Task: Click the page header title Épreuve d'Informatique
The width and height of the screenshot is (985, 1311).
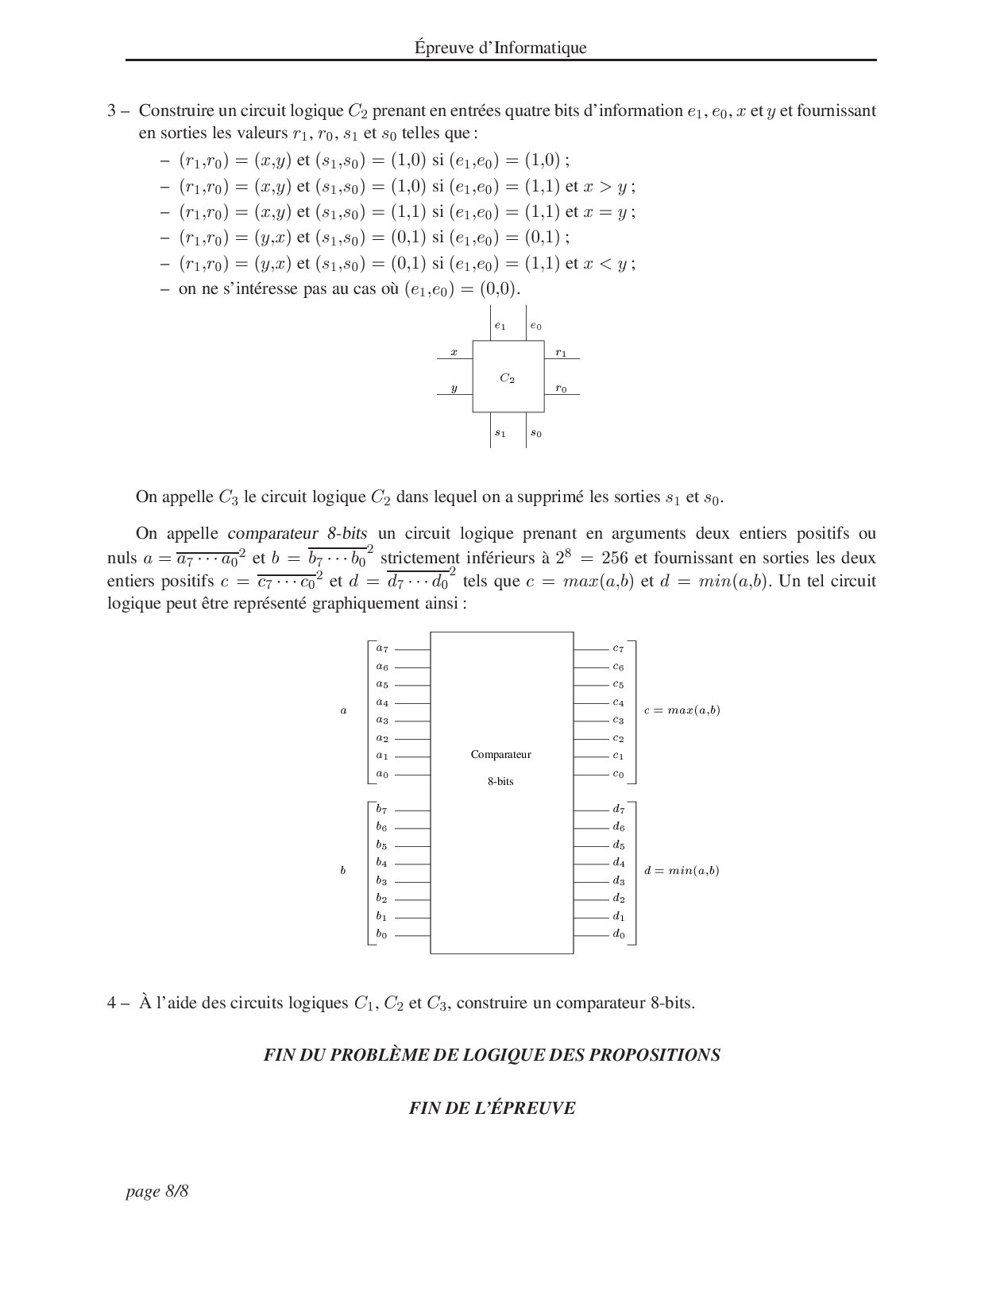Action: click(500, 47)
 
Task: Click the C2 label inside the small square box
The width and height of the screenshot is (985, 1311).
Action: click(507, 377)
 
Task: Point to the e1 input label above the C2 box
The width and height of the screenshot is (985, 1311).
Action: click(500, 326)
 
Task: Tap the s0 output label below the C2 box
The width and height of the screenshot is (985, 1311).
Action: click(536, 433)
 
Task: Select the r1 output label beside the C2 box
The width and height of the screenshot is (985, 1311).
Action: click(561, 353)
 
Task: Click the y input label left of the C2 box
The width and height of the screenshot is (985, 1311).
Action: click(454, 389)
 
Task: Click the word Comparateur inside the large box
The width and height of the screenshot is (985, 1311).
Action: click(501, 754)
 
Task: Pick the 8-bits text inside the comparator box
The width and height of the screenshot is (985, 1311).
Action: click(500, 781)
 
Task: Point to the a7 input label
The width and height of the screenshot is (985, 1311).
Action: click(382, 648)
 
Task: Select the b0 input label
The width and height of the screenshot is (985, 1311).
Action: click(381, 934)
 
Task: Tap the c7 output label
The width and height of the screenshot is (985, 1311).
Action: click(619, 648)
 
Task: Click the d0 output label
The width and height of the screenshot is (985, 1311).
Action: click(619, 934)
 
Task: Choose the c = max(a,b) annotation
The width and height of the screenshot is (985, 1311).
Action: click(682, 710)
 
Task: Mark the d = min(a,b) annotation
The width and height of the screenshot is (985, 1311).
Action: click(682, 870)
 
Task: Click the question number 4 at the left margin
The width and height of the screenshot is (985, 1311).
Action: click(112, 1002)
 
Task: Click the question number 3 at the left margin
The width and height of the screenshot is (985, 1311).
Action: click(112, 110)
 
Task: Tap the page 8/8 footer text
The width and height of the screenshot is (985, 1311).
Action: click(157, 1191)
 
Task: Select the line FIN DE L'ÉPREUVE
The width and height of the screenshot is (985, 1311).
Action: click(492, 1108)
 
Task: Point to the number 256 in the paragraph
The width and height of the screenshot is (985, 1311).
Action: click(614, 557)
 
